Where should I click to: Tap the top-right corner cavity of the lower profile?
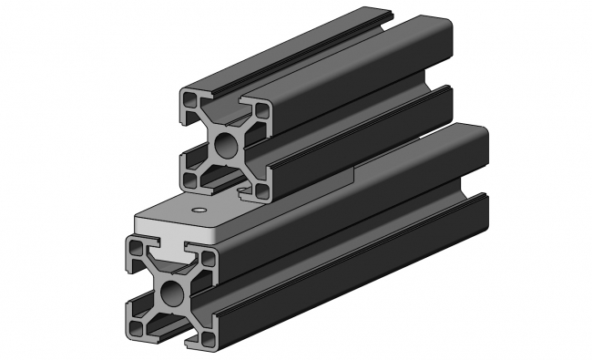209,259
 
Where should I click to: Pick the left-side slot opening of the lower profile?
131,286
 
